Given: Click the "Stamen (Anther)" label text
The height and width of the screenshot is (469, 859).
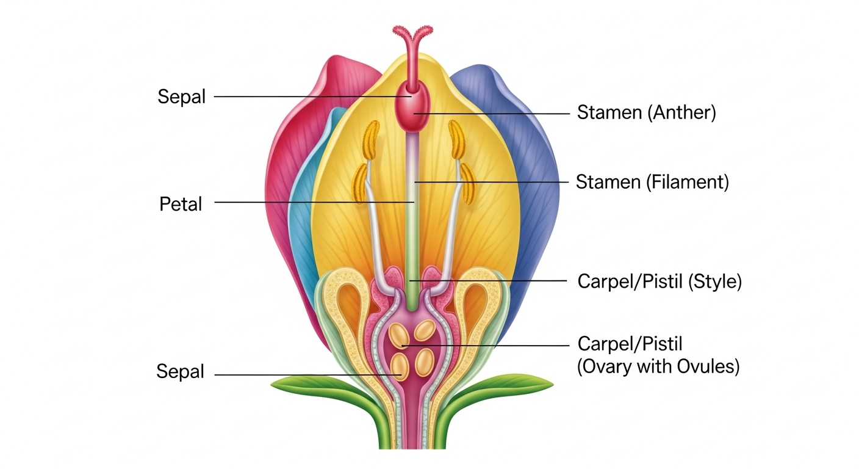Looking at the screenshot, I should click(x=646, y=113).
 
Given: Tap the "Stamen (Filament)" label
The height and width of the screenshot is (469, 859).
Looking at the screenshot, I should click(x=652, y=182).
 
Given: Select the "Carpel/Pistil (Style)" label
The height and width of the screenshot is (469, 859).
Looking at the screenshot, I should click(x=659, y=282).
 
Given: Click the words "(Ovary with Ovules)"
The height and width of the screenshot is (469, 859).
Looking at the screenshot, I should click(x=658, y=367).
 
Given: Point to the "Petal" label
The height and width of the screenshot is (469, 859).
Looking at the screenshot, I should click(x=181, y=204).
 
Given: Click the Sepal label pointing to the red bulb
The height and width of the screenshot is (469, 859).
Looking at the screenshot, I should click(x=182, y=96).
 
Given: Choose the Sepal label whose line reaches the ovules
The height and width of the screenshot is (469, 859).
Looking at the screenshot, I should click(x=181, y=371).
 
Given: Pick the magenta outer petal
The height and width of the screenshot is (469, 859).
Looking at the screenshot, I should click(x=293, y=153).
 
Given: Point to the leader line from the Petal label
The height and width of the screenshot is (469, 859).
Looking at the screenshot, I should click(x=305, y=202).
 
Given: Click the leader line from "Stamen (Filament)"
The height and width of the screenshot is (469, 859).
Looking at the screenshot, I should click(x=488, y=181).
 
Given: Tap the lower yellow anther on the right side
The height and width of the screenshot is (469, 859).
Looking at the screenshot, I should click(x=468, y=183).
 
